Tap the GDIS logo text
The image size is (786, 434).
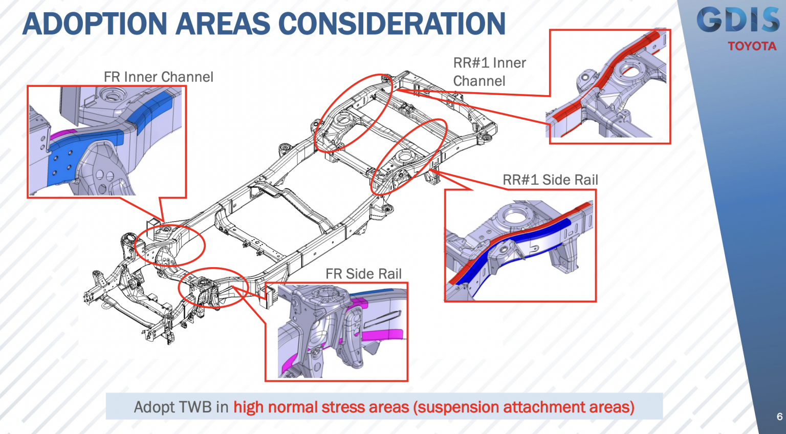point(737,20)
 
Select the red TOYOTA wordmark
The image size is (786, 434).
point(752,47)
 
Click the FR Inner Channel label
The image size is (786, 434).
point(158,77)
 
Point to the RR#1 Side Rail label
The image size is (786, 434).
point(550,180)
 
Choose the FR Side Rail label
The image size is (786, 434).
point(363,274)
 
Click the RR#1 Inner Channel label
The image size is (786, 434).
point(489,72)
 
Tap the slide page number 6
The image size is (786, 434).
point(779,417)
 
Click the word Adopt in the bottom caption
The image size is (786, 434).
point(153,407)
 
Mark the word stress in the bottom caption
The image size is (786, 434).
point(343,407)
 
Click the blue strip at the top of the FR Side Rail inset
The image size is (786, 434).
point(376,292)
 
